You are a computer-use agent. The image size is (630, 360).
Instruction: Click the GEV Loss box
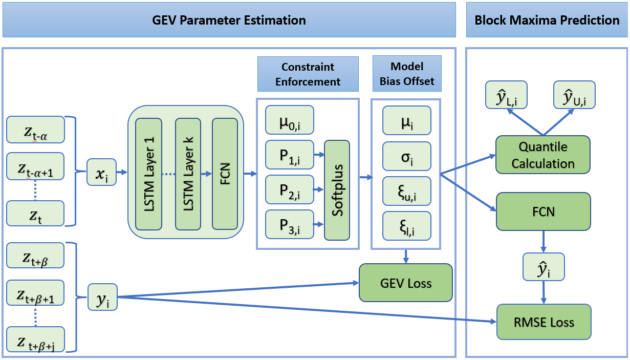[406, 282]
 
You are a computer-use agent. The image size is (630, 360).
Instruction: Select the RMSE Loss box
[544, 322]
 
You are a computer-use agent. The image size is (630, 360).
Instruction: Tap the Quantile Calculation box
[543, 155]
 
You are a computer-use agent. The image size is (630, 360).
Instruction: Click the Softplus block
[337, 190]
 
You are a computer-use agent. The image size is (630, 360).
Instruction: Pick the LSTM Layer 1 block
[148, 174]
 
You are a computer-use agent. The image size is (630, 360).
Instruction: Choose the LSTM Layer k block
[188, 174]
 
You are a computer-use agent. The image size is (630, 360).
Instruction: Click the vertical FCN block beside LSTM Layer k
[225, 174]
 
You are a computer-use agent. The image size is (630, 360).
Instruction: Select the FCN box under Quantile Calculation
[543, 211]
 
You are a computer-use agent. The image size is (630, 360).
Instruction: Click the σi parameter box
[406, 155]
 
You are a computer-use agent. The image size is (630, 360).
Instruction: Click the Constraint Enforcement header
[308, 74]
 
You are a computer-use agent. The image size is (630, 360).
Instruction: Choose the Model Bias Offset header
[406, 74]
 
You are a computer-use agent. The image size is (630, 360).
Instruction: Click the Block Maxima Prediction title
[547, 20]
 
